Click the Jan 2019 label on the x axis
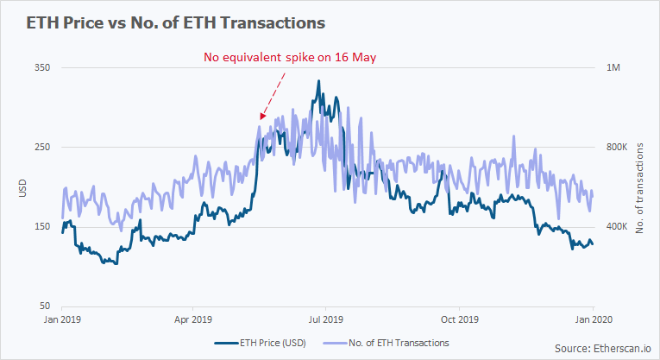(62, 319)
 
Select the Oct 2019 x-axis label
(459, 319)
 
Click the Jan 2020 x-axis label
(593, 319)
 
